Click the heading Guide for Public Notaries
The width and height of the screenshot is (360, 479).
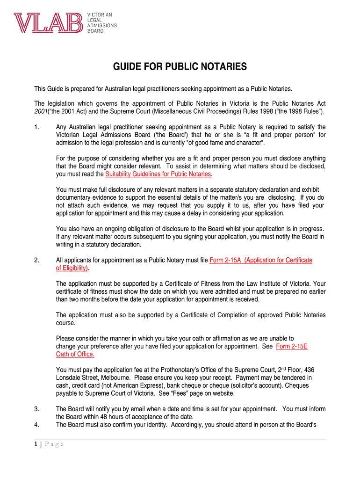(x=180, y=67)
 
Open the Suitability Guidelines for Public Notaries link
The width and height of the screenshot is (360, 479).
(x=158, y=174)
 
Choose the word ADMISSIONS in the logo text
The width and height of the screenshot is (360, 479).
(x=103, y=26)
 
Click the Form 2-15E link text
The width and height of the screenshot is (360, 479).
(x=292, y=347)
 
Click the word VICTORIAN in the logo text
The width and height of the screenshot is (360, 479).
(x=100, y=15)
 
